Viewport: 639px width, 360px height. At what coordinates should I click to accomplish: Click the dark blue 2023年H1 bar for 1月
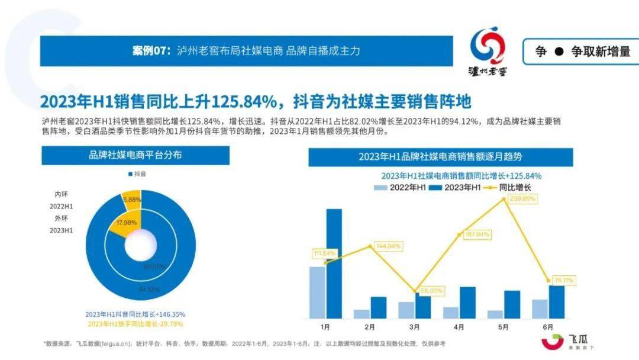[x=334, y=263]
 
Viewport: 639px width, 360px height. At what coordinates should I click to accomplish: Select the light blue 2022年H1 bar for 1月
[x=317, y=292]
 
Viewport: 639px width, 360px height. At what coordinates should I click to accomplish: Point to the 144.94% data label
[x=388, y=245]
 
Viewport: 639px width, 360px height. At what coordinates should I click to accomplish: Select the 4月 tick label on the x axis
[x=459, y=326]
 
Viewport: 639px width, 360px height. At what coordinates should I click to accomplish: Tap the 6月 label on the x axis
[x=548, y=326]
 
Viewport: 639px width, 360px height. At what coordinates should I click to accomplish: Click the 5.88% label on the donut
[x=131, y=200]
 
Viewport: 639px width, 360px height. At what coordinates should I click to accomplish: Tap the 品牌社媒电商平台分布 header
[x=135, y=156]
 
